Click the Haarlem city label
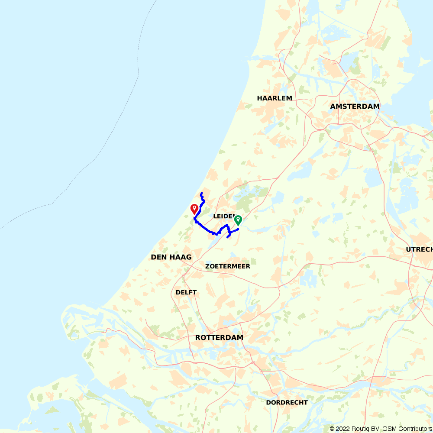click(275, 98)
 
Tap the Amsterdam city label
click(355, 106)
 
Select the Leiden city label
click(224, 216)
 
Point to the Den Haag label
click(171, 257)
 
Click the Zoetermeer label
click(228, 266)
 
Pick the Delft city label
click(186, 292)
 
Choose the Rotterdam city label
click(219, 337)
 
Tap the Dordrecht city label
click(287, 402)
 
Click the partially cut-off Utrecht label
click(419, 249)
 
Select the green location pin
click(238, 220)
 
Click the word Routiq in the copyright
click(361, 429)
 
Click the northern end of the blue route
click(201, 193)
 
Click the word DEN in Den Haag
click(158, 257)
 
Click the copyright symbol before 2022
click(332, 429)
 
